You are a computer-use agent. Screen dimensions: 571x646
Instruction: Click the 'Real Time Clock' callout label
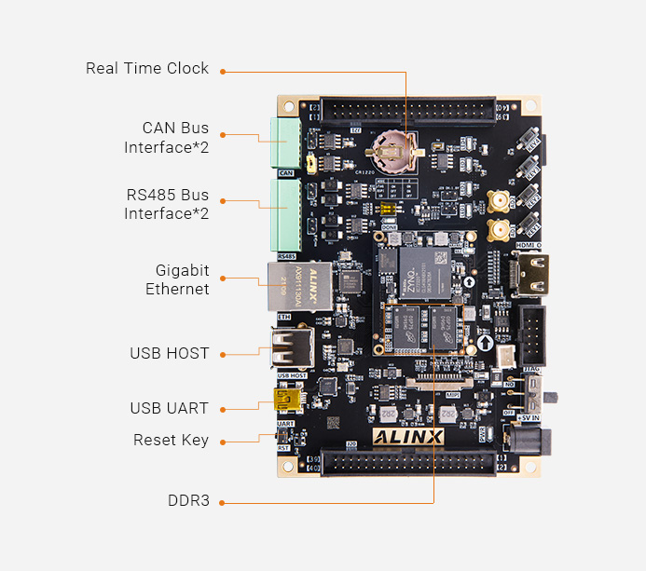(x=147, y=69)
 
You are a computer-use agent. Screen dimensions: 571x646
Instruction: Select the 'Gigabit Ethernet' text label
(x=177, y=279)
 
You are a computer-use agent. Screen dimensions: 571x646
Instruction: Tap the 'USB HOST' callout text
(x=170, y=354)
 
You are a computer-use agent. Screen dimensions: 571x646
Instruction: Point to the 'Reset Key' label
(x=171, y=441)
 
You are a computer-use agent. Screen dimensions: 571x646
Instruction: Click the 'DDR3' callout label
(x=188, y=501)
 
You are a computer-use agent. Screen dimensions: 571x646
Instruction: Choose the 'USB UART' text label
(x=170, y=408)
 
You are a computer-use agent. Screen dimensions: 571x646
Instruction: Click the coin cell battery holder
(x=392, y=149)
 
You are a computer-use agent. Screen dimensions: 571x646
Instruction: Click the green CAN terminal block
(x=284, y=143)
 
